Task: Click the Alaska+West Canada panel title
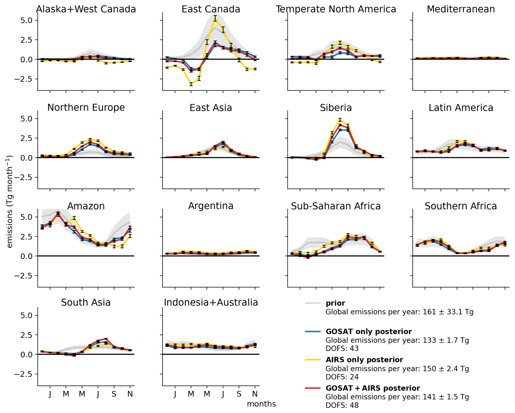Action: pyautogui.click(x=86, y=9)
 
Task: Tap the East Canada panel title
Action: pyautogui.click(x=211, y=9)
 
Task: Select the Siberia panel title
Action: pyautogui.click(x=336, y=108)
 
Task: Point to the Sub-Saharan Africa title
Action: pyautogui.click(x=336, y=206)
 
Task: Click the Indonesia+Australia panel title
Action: pyautogui.click(x=211, y=303)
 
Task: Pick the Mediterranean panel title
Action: pyautogui.click(x=461, y=9)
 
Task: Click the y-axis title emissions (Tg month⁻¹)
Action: pyautogui.click(x=10, y=202)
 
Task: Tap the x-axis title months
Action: pyautogui.click(x=261, y=404)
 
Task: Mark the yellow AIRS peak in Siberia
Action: pyautogui.click(x=340, y=120)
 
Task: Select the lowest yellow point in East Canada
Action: pyautogui.click(x=191, y=84)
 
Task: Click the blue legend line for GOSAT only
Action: pyautogui.click(x=312, y=332)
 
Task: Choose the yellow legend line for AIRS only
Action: pyautogui.click(x=312, y=360)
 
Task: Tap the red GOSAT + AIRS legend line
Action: pyautogui.click(x=312, y=388)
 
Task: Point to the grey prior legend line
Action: pyautogui.click(x=312, y=303)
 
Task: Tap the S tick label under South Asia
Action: pyautogui.click(x=114, y=394)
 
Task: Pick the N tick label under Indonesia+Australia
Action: pyautogui.click(x=255, y=394)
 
